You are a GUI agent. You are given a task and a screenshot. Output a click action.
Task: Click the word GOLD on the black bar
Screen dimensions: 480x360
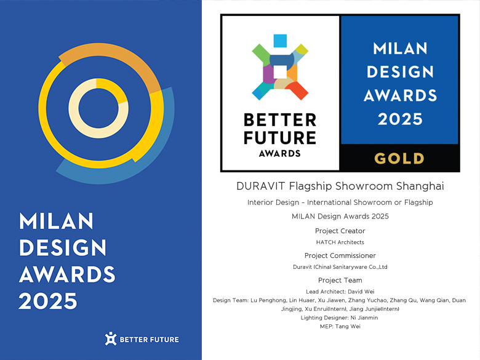point(399,159)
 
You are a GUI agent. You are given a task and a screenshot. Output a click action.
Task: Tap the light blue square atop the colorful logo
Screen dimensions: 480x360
point(280,41)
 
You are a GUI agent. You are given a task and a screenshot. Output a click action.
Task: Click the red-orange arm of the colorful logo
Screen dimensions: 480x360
point(297,90)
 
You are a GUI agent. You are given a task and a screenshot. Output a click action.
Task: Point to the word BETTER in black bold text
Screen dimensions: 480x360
point(280,120)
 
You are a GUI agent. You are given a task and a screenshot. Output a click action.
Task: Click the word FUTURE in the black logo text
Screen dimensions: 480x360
point(280,137)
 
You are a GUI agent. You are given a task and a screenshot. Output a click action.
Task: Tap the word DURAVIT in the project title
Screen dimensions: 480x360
point(261,186)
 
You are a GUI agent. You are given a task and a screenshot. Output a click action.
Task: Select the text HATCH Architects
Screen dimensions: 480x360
point(340,242)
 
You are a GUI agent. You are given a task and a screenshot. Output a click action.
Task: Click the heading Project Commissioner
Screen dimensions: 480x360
point(340,255)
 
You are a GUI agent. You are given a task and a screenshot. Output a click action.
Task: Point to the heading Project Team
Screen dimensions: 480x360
point(340,280)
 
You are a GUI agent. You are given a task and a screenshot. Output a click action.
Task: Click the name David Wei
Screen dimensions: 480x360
point(361,292)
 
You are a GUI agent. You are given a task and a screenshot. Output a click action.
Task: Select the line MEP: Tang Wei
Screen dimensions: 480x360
point(340,326)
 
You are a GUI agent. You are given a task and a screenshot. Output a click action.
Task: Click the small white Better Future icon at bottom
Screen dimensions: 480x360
point(111,338)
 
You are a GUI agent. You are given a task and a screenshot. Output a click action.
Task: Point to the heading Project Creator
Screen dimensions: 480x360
point(340,231)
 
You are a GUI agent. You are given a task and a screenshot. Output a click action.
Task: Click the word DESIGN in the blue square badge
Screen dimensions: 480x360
point(400,72)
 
